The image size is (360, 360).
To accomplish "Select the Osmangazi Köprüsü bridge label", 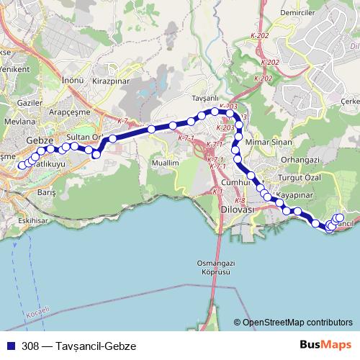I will pyautogui.click(x=213, y=268).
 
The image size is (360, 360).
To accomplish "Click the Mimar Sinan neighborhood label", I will pyautogui.click(x=268, y=142).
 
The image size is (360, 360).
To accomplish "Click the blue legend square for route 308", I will pyautogui.click(x=9, y=346).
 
